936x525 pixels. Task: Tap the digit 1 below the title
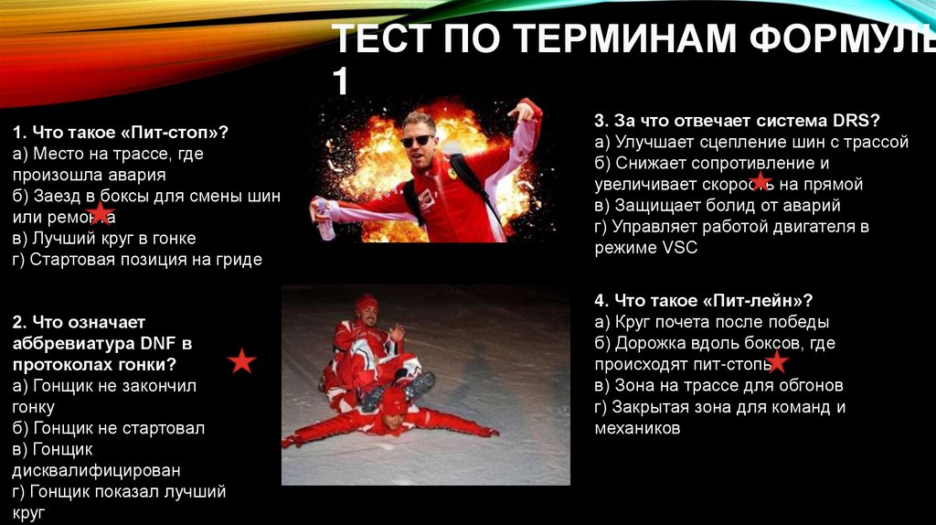pyautogui.click(x=339, y=81)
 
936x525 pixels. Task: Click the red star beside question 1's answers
pyautogui.click(x=100, y=214)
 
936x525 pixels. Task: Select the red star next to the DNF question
pyautogui.click(x=241, y=361)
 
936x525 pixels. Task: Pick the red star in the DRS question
pyautogui.click(x=760, y=181)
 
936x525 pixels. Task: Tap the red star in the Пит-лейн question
pyautogui.click(x=777, y=362)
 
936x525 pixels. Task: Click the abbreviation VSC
pyautogui.click(x=678, y=248)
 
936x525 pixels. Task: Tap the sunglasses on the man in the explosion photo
pyautogui.click(x=418, y=141)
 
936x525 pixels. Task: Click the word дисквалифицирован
pyautogui.click(x=96, y=470)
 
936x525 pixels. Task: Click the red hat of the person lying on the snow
pyautogui.click(x=393, y=400)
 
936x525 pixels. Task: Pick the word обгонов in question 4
pyautogui.click(x=809, y=385)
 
